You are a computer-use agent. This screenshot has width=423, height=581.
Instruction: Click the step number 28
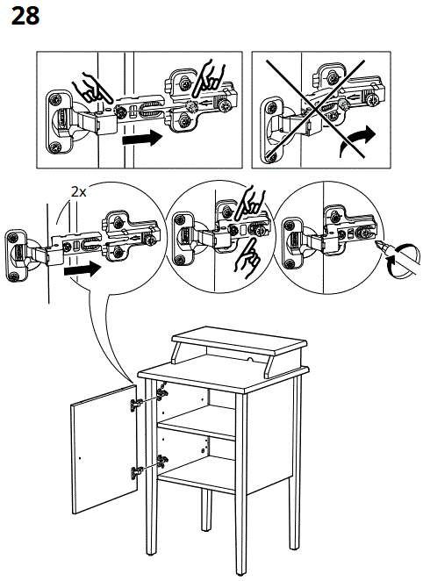pyautogui.click(x=25, y=17)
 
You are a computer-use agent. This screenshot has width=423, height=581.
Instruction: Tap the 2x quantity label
pyautogui.click(x=78, y=192)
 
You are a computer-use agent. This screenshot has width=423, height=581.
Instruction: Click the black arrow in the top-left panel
pyautogui.click(x=142, y=138)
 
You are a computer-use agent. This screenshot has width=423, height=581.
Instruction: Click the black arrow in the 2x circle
pyautogui.click(x=82, y=269)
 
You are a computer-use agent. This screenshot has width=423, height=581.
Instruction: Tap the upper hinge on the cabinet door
pyautogui.click(x=136, y=405)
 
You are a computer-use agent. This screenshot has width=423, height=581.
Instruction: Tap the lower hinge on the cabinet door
pyautogui.click(x=136, y=472)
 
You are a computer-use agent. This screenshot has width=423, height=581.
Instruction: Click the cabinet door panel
pyautogui.click(x=104, y=449)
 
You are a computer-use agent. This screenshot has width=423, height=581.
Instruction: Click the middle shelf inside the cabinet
pyautogui.click(x=197, y=422)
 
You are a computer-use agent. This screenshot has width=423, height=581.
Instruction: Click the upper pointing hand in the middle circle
pyautogui.click(x=250, y=204)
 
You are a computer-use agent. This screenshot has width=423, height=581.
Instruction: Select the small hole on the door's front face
pyautogui.click(x=80, y=458)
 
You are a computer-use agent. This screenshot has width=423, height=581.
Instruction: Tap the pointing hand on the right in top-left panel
pyautogui.click(x=209, y=76)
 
